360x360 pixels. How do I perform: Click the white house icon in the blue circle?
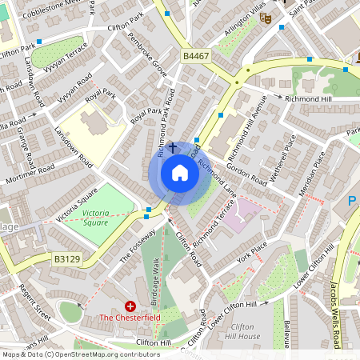coord(180,173)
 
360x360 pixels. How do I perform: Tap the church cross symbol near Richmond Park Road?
coord(172,149)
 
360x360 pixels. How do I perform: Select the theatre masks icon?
coord(266,18)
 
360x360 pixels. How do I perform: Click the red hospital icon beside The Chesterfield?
coord(130,306)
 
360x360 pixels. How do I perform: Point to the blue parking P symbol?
coord(353,201)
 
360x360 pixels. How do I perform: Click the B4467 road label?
coord(195,57)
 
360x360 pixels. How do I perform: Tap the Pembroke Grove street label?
coord(154,58)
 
